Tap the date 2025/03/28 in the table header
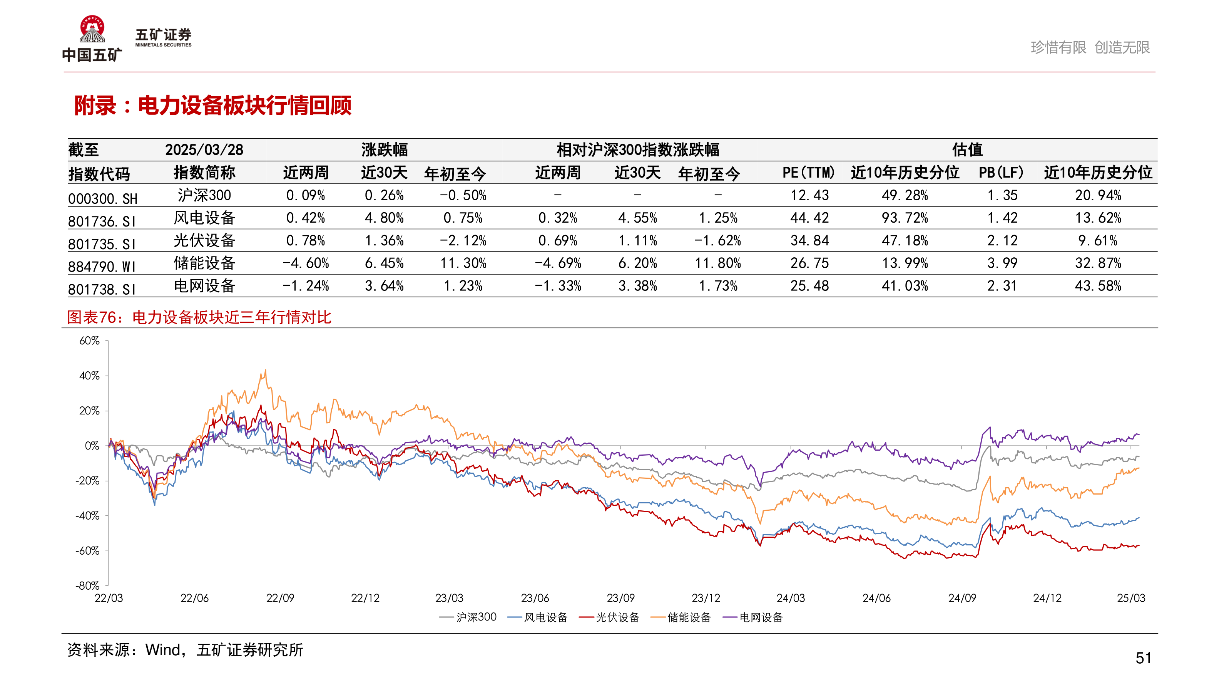click(x=204, y=150)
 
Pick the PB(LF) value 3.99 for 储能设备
click(x=1002, y=263)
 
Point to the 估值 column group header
click(x=967, y=150)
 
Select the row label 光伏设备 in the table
click(x=204, y=240)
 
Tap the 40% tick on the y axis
click(x=89, y=376)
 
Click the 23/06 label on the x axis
click(x=535, y=598)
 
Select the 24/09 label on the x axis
click(x=962, y=598)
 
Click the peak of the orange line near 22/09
click(x=266, y=371)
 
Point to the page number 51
click(x=1143, y=658)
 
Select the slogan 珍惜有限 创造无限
click(x=1090, y=47)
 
